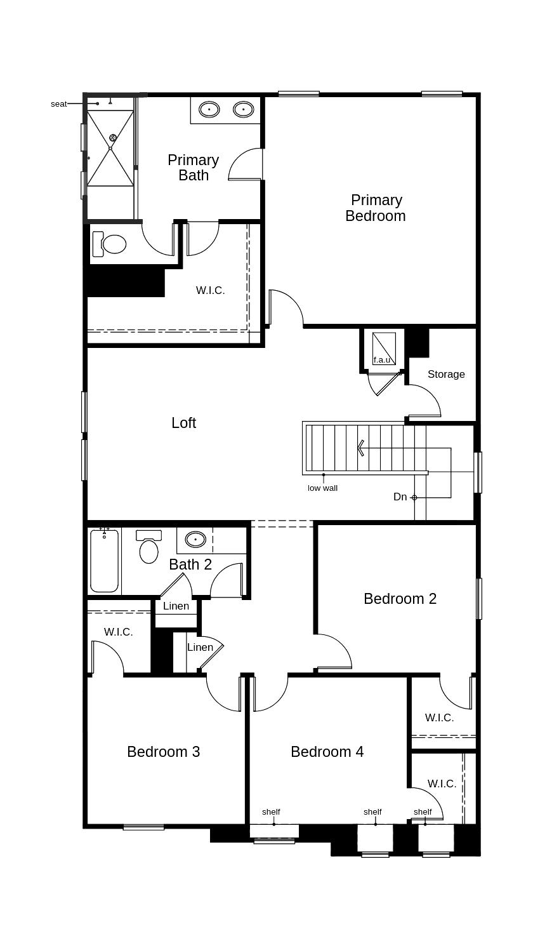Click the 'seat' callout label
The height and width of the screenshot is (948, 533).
click(x=58, y=104)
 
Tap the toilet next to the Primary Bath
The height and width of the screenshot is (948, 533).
click(x=109, y=244)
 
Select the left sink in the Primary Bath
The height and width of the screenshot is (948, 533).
click(x=209, y=110)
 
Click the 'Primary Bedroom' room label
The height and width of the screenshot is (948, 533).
click(x=376, y=208)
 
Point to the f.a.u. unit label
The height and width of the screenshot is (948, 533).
click(x=381, y=360)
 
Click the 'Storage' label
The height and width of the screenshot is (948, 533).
click(x=446, y=374)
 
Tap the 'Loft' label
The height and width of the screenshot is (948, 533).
click(x=183, y=423)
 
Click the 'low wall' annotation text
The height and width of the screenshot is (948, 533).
click(x=322, y=488)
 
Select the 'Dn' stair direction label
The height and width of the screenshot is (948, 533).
click(x=400, y=497)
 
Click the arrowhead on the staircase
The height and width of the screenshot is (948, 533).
click(x=360, y=448)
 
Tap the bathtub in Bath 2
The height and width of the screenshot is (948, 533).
click(x=104, y=559)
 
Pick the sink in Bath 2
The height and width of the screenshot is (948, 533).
click(x=195, y=540)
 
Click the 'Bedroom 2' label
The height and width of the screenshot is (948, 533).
click(x=400, y=599)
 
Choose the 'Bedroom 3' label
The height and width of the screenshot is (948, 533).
click(x=163, y=752)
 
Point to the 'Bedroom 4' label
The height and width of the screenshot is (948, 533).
click(x=327, y=752)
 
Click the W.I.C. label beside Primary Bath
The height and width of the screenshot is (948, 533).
click(x=210, y=290)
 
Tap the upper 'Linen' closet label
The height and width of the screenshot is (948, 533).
click(x=176, y=606)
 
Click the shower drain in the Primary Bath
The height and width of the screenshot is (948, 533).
click(x=113, y=138)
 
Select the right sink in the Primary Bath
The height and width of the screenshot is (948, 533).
click(x=243, y=110)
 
